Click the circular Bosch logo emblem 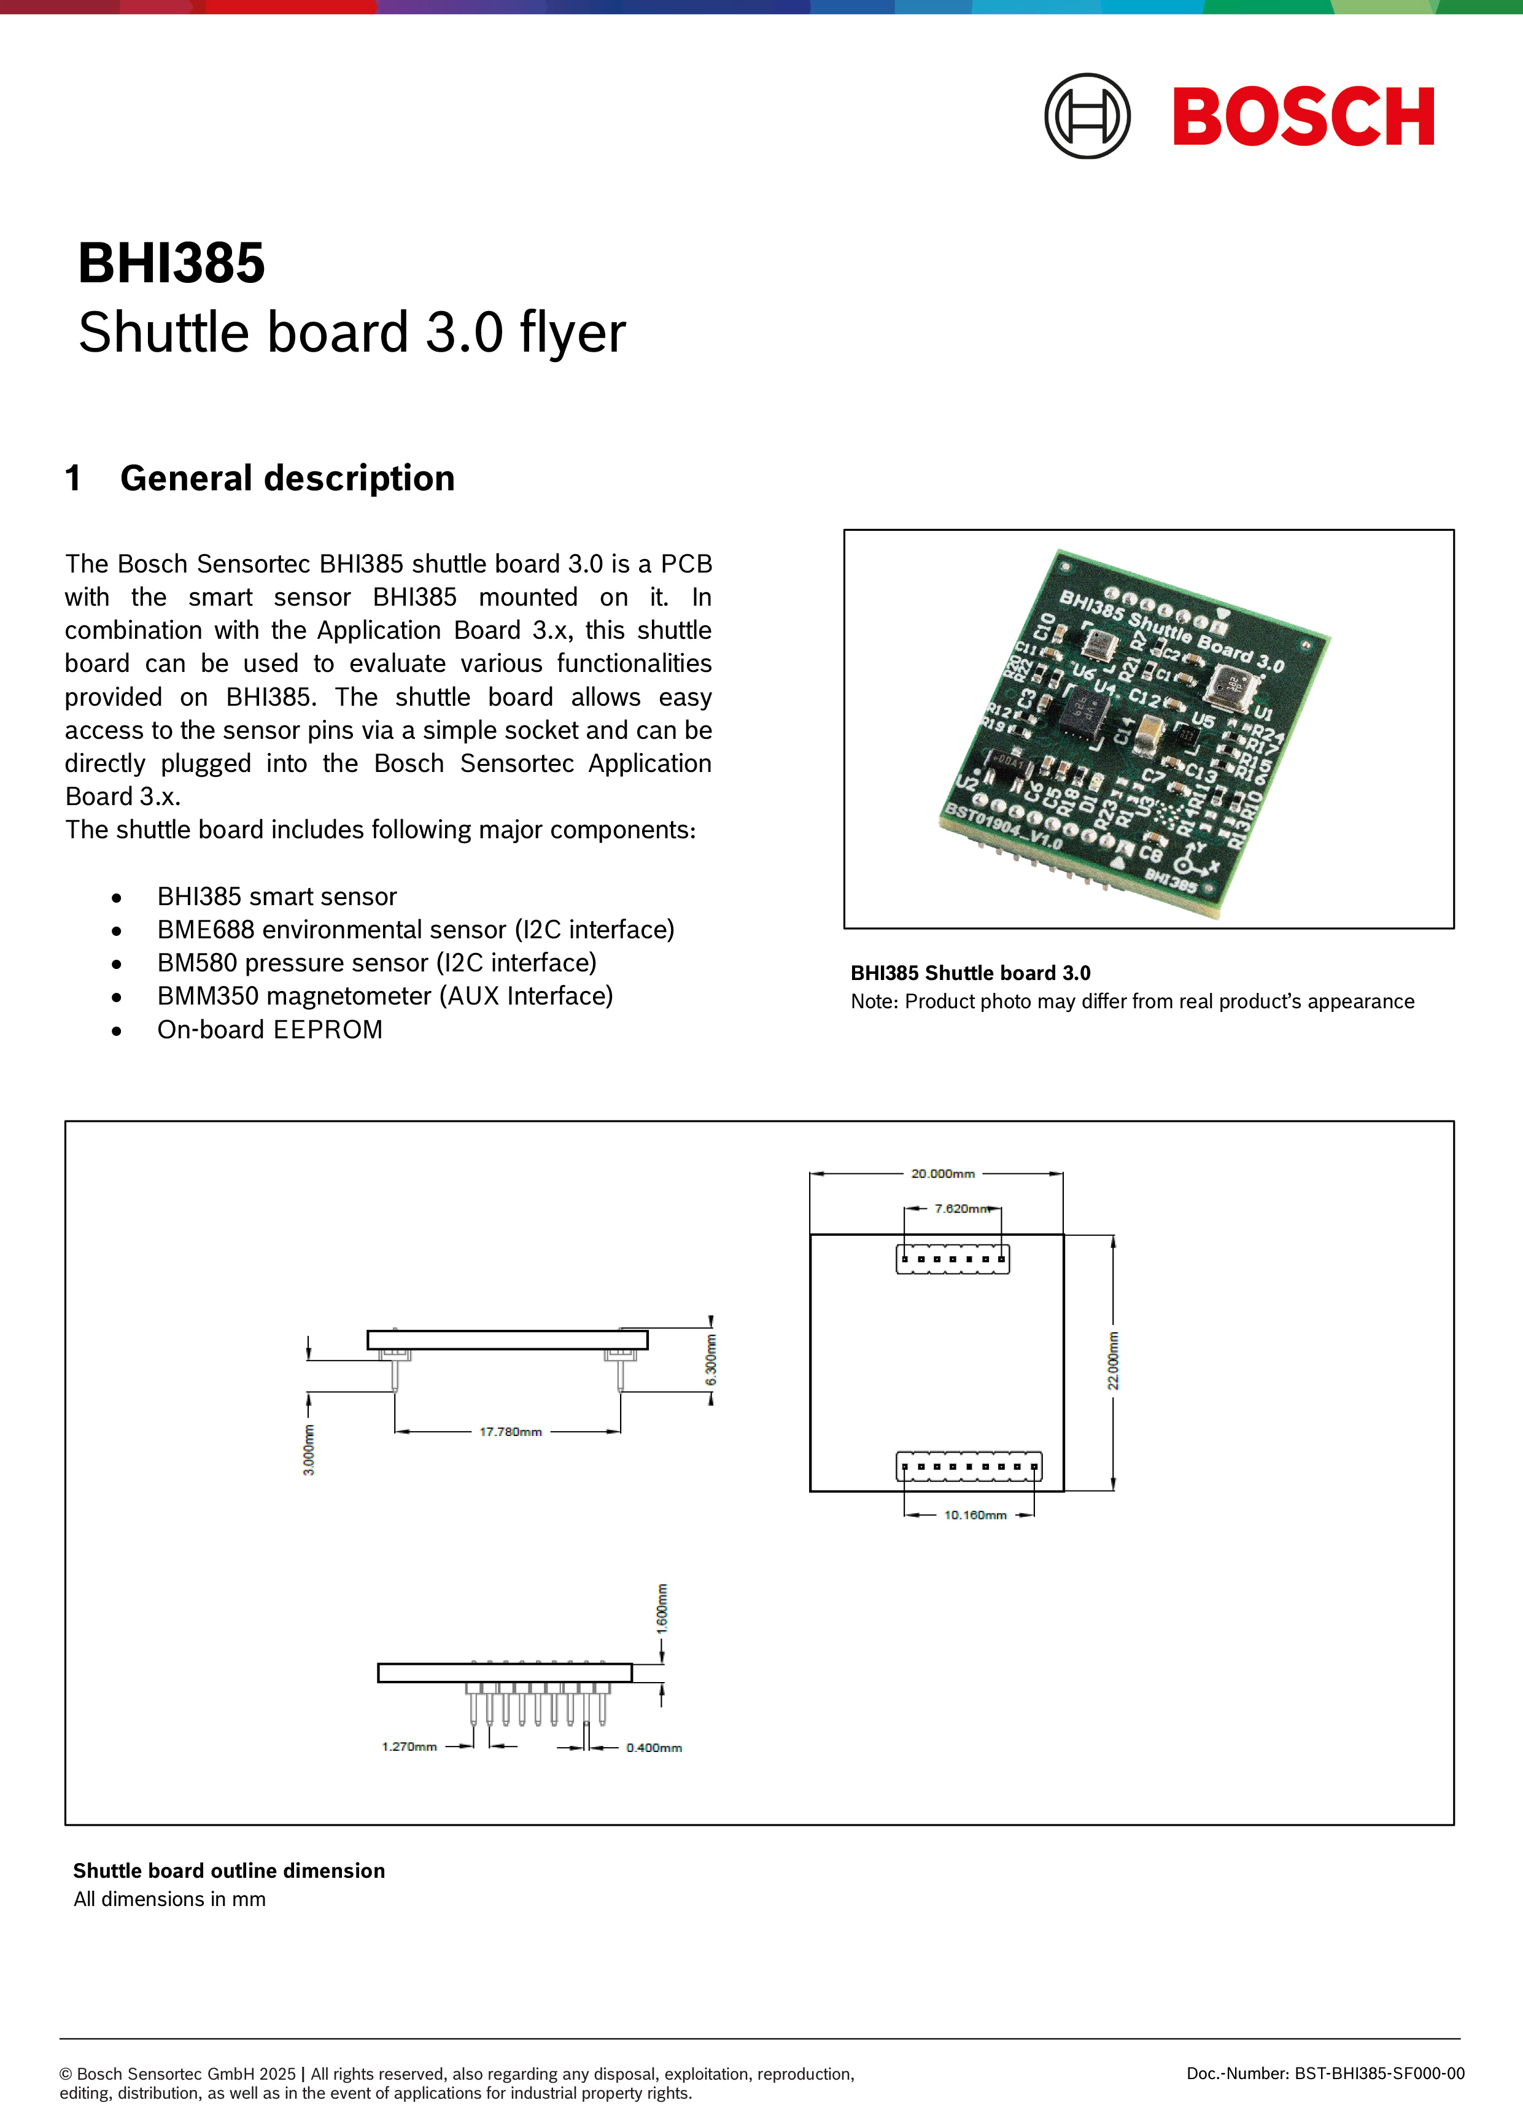(1087, 117)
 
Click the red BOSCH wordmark (1303, 117)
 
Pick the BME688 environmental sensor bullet (415, 930)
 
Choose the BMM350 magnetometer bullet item (384, 996)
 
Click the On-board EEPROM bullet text (270, 1030)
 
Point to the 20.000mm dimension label (942, 1174)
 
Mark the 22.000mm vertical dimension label (1114, 1360)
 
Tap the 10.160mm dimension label (975, 1515)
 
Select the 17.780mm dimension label (510, 1432)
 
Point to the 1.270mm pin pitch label (409, 1747)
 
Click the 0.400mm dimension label (654, 1748)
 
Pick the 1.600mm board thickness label (662, 1607)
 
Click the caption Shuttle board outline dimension (229, 1871)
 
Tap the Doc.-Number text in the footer (1325, 2073)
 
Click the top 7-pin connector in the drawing (952, 1259)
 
